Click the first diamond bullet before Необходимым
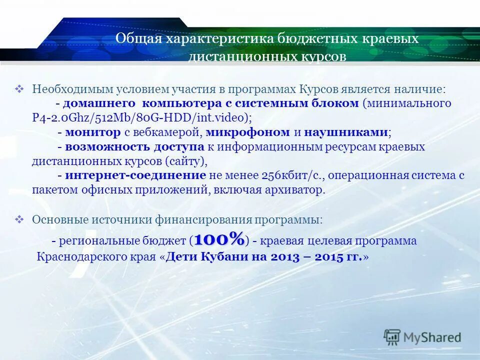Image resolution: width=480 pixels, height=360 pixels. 20,89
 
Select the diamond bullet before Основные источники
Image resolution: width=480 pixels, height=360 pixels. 20,219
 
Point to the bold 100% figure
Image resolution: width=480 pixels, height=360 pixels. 219,239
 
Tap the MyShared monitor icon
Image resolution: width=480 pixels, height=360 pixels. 392,337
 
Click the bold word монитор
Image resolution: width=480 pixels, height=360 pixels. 93,132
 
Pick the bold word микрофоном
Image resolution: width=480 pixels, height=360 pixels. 247,132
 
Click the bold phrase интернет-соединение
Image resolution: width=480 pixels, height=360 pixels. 135,175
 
